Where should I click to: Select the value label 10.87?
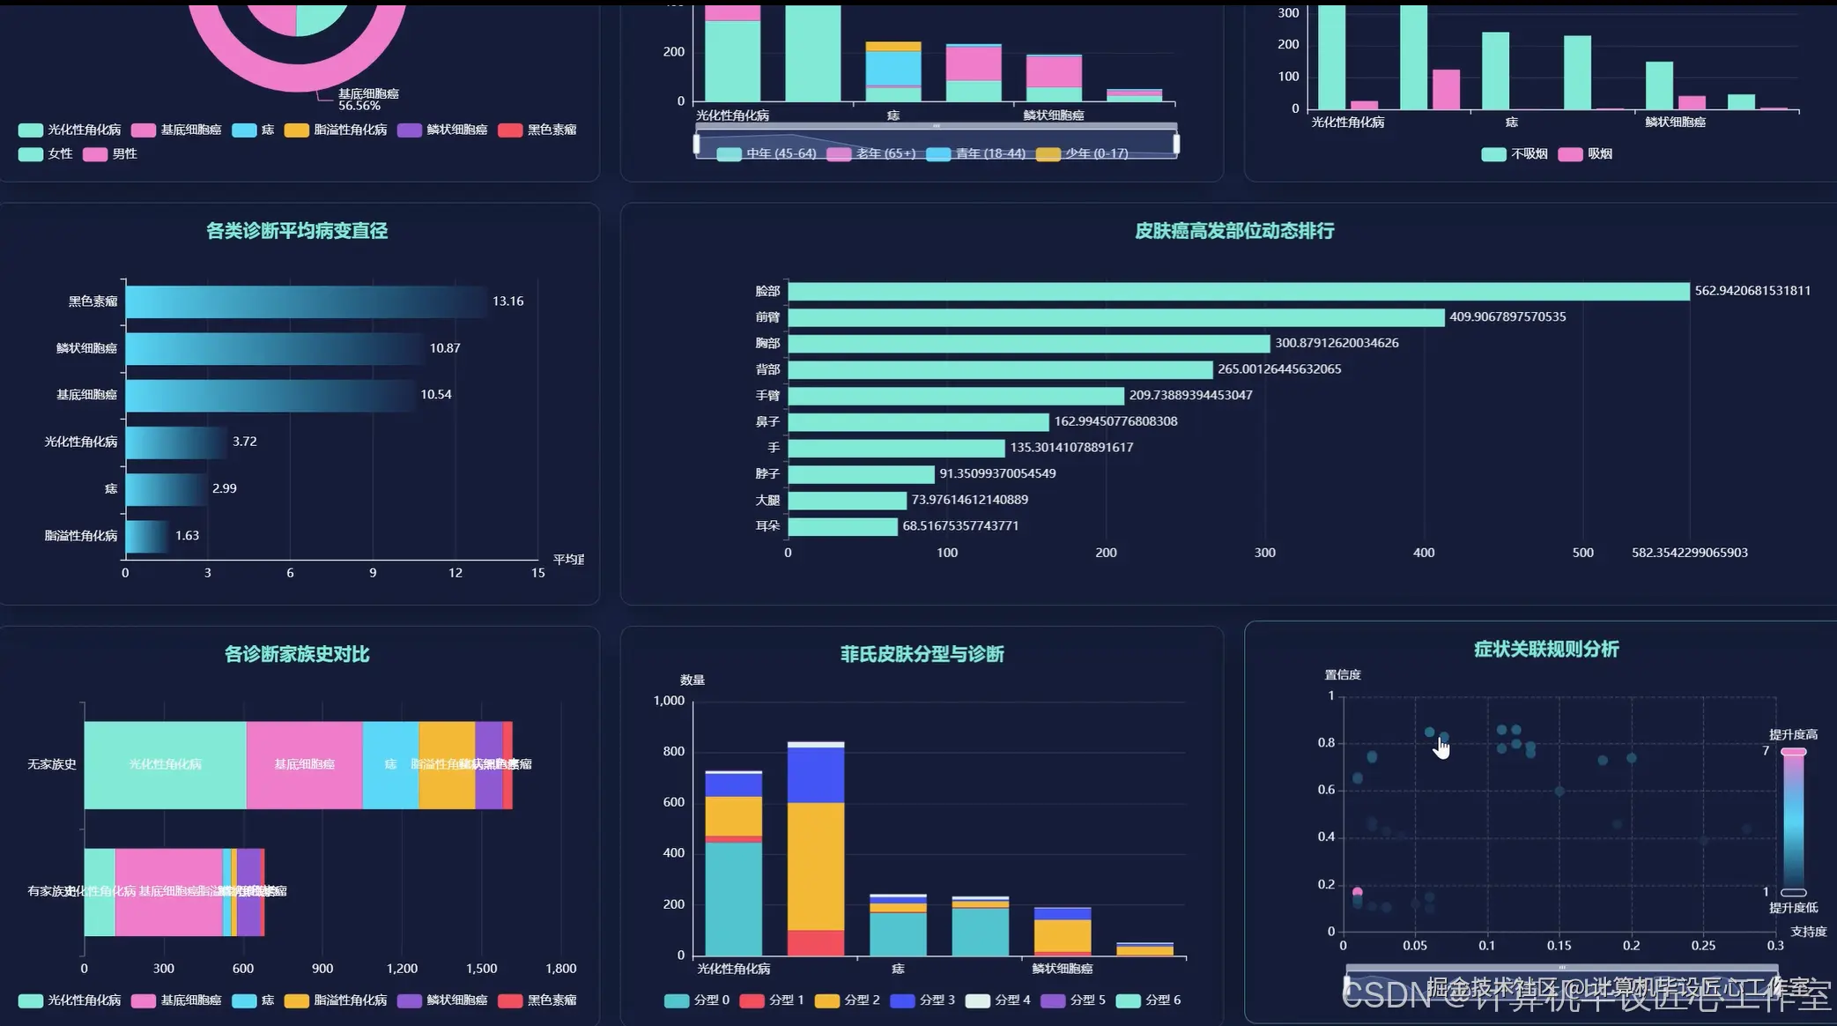445,348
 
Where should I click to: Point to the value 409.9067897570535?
1507,317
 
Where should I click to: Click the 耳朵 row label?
767,526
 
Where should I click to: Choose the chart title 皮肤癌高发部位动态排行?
1234,231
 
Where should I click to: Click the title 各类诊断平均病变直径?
297,231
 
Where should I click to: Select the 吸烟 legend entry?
1586,154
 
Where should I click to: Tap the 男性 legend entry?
110,154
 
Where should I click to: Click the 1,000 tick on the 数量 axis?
669,701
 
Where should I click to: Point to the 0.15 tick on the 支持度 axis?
1559,946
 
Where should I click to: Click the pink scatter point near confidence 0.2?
1357,892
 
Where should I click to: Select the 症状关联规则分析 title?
1546,650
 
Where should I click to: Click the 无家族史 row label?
52,764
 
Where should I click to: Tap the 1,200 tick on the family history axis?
402,969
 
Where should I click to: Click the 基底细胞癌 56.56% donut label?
367,100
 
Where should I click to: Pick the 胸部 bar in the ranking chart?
1028,343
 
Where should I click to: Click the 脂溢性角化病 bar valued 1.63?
146,536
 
